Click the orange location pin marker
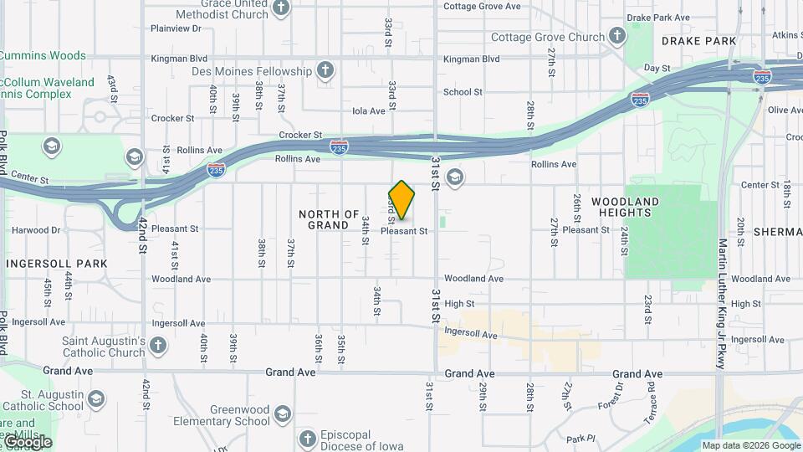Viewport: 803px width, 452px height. coord(402,199)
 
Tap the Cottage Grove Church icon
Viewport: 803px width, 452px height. coord(617,37)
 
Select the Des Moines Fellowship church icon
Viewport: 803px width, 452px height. coord(325,71)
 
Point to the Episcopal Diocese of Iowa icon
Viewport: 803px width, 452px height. coord(308,439)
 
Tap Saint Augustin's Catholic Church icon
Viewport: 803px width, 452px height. coord(158,346)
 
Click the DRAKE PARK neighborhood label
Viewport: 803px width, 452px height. coord(698,41)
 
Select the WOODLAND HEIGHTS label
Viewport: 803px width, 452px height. coord(625,207)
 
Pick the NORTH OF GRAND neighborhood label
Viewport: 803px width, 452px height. coord(329,219)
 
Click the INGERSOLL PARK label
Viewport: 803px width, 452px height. coord(57,264)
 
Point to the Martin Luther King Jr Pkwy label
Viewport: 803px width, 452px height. coord(723,303)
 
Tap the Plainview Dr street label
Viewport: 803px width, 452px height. coord(176,28)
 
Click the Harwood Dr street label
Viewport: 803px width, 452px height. coord(38,230)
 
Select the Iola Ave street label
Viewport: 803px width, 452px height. coord(369,110)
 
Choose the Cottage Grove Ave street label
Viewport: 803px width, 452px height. coord(481,6)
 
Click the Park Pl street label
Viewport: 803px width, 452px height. coord(580,439)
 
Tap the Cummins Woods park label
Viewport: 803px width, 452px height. coord(43,56)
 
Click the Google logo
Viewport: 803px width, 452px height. coord(28,441)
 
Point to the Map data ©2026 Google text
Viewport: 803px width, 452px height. coord(750,446)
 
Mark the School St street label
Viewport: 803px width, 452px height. coord(463,92)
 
